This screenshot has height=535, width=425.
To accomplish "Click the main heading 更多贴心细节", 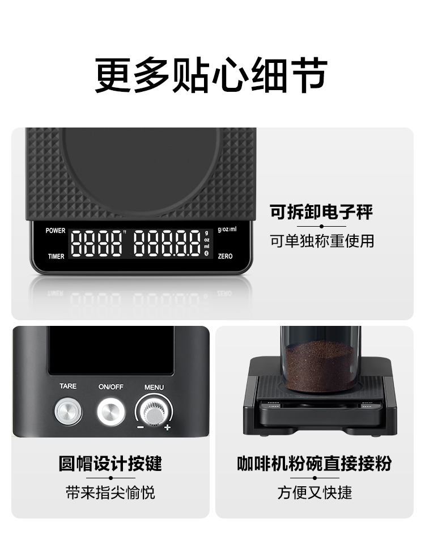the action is click(x=211, y=75).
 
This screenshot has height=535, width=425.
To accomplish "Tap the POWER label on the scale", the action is click(x=56, y=231).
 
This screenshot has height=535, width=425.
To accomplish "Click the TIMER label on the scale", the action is click(x=56, y=256).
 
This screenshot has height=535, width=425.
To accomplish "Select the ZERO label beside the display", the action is click(x=225, y=256).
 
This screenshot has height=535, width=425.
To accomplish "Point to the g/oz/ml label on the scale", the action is click(x=227, y=230).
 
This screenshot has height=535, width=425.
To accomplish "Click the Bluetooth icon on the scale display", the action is click(x=206, y=253).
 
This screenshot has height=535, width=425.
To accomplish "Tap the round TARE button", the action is click(x=68, y=411).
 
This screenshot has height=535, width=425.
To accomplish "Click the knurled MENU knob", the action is click(x=154, y=412).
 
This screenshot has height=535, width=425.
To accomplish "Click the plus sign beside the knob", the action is click(x=167, y=427).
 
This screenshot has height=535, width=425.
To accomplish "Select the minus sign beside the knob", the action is click(x=140, y=427).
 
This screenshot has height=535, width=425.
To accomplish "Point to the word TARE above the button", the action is click(x=68, y=386).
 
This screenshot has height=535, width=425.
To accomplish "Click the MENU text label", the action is click(x=154, y=387).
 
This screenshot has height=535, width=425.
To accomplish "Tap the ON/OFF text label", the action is click(x=111, y=387).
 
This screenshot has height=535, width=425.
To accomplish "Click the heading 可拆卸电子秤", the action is click(x=321, y=212).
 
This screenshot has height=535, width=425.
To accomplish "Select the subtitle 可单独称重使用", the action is click(x=322, y=241).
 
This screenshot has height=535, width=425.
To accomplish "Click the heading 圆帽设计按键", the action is click(x=110, y=464).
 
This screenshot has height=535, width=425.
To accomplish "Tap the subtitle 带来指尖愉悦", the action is click(x=110, y=492).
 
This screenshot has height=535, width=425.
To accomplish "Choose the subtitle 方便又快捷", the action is click(x=314, y=492).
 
